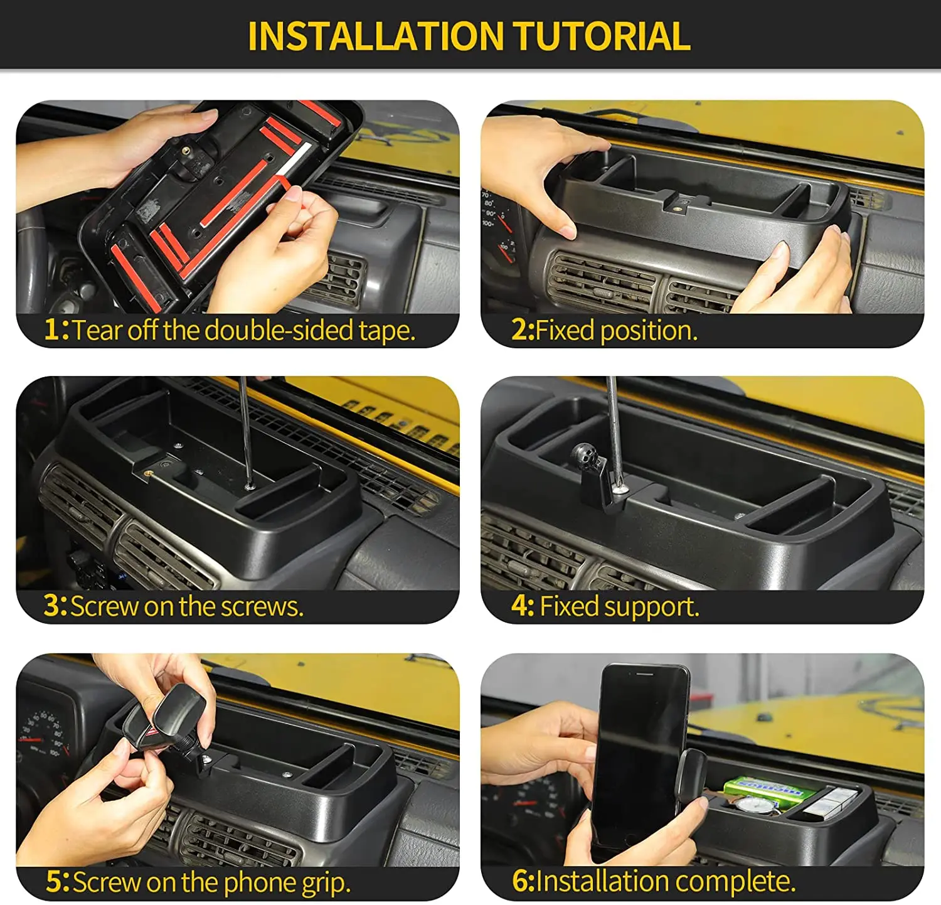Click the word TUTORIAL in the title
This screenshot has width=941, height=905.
coord(603,36)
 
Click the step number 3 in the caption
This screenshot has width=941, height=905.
coord(52,606)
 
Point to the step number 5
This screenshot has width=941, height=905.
coord(54,882)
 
